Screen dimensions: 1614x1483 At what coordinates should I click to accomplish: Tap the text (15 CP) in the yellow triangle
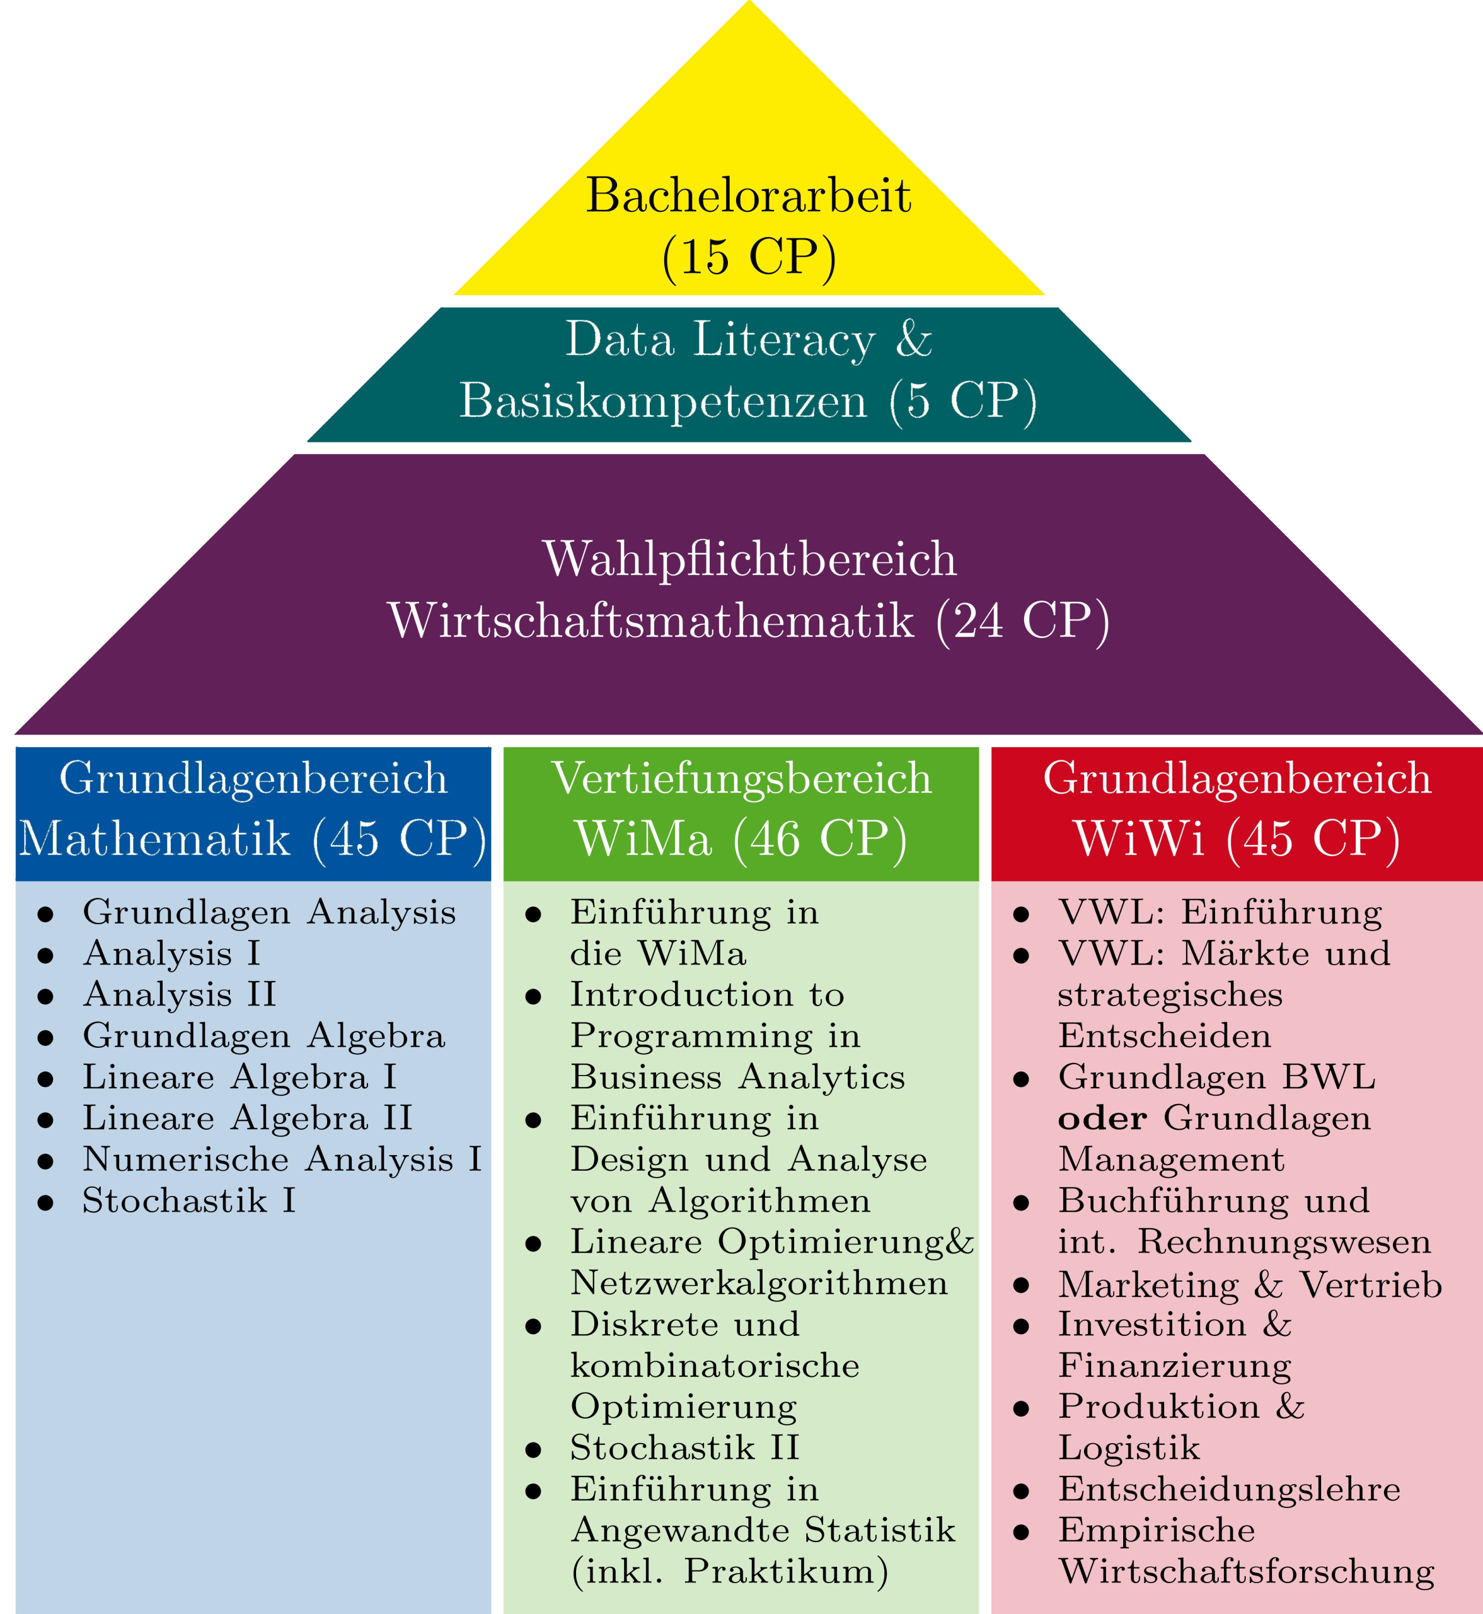(748, 257)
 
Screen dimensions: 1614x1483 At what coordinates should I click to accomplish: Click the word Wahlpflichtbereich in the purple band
(749, 559)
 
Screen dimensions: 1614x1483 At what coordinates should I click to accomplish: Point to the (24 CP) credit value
(1022, 620)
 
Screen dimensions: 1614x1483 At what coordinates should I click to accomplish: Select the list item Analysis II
(179, 994)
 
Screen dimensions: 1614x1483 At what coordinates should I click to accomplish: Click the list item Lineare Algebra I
(239, 1077)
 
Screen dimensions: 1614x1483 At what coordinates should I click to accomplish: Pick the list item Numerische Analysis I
(282, 1159)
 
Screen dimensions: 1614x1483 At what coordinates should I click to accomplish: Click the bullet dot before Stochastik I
(46, 1202)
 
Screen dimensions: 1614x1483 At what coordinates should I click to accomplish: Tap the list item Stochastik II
(684, 1448)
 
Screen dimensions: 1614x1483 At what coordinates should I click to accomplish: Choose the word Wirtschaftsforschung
(1245, 1572)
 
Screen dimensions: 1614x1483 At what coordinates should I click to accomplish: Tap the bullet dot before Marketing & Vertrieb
(1021, 1286)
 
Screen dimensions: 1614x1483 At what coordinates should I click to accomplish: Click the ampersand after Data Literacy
(913, 339)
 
